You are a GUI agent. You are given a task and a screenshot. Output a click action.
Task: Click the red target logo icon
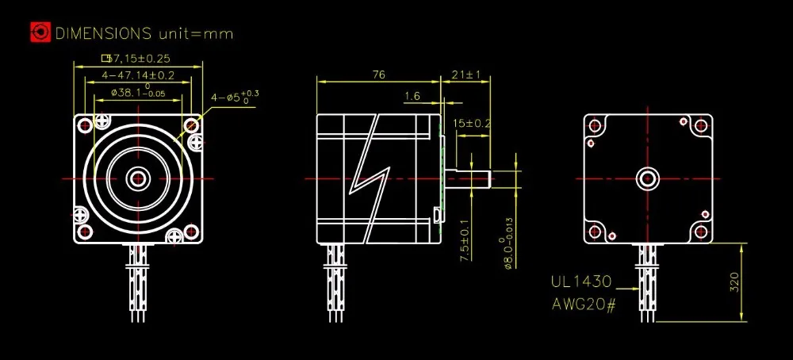click(40, 33)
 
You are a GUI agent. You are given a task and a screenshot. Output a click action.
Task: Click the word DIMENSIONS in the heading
click(103, 33)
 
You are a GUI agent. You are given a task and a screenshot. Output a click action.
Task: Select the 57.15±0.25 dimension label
click(136, 58)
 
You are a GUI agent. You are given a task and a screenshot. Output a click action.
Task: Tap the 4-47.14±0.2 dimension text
click(138, 75)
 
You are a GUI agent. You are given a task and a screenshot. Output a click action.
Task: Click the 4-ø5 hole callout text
click(235, 97)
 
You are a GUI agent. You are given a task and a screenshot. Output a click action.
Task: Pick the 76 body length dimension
click(378, 75)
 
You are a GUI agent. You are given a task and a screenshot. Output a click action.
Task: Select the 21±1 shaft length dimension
click(465, 75)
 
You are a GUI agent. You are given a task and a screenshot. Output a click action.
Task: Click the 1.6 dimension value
click(412, 96)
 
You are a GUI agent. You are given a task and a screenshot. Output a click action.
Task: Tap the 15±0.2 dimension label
click(473, 124)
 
